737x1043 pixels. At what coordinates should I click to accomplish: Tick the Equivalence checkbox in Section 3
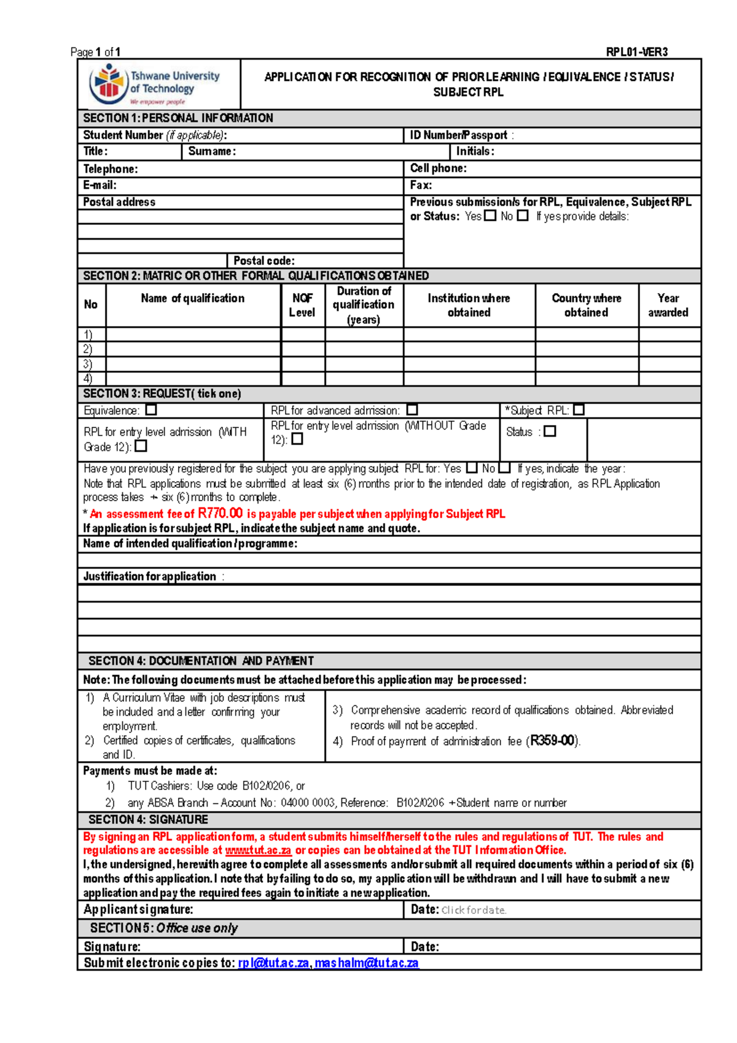click(151, 410)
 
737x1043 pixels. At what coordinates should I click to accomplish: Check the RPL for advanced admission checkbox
click(412, 410)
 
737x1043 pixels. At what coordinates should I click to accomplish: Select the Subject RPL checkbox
click(579, 410)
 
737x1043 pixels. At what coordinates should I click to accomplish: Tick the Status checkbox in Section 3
click(550, 431)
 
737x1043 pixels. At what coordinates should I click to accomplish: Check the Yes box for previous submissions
click(489, 216)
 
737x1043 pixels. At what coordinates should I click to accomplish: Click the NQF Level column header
click(302, 305)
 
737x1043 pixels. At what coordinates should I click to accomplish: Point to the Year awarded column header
click(668, 305)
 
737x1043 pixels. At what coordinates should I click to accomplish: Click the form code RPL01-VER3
click(636, 52)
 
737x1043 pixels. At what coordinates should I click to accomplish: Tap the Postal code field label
click(264, 260)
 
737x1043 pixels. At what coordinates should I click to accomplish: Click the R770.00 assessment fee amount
click(220, 514)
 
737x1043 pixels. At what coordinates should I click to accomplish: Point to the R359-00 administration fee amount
click(553, 741)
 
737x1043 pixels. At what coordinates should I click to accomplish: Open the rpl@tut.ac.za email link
click(273, 963)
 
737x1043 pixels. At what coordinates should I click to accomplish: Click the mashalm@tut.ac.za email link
click(366, 963)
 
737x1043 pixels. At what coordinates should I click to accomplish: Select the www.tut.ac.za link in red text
click(258, 851)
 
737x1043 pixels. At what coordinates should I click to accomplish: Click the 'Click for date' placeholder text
click(474, 910)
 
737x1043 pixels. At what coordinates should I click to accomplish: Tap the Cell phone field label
click(438, 168)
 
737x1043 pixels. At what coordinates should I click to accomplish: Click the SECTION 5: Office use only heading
click(163, 928)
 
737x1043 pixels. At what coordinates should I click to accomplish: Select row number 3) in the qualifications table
click(88, 364)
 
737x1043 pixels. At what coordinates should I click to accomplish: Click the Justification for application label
click(149, 576)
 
